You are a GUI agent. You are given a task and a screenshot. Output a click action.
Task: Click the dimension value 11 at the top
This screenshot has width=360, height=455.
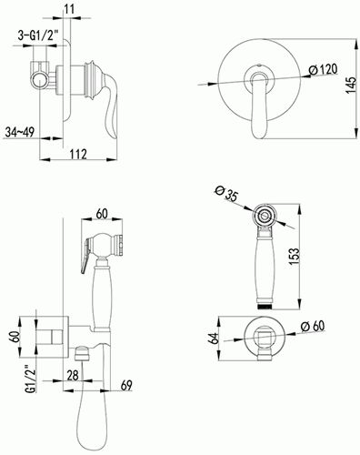[69, 9]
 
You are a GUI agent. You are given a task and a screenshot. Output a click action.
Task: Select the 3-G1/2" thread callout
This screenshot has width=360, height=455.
[38, 35]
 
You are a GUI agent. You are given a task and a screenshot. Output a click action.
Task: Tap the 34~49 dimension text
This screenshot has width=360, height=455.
[19, 132]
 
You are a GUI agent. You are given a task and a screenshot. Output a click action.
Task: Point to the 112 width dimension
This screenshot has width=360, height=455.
[78, 154]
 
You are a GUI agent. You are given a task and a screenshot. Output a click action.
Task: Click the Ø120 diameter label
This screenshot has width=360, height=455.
[323, 70]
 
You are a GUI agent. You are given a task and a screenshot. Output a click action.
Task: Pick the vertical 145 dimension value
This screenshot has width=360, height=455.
[351, 86]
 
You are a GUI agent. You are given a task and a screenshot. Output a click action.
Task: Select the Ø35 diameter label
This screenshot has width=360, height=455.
[225, 193]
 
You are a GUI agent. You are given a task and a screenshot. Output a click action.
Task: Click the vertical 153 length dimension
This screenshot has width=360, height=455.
[294, 257]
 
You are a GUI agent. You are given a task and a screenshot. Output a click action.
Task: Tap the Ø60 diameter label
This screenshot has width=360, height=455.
[313, 327]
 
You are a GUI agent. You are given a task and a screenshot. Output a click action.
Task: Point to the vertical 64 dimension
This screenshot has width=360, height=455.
[214, 339]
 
